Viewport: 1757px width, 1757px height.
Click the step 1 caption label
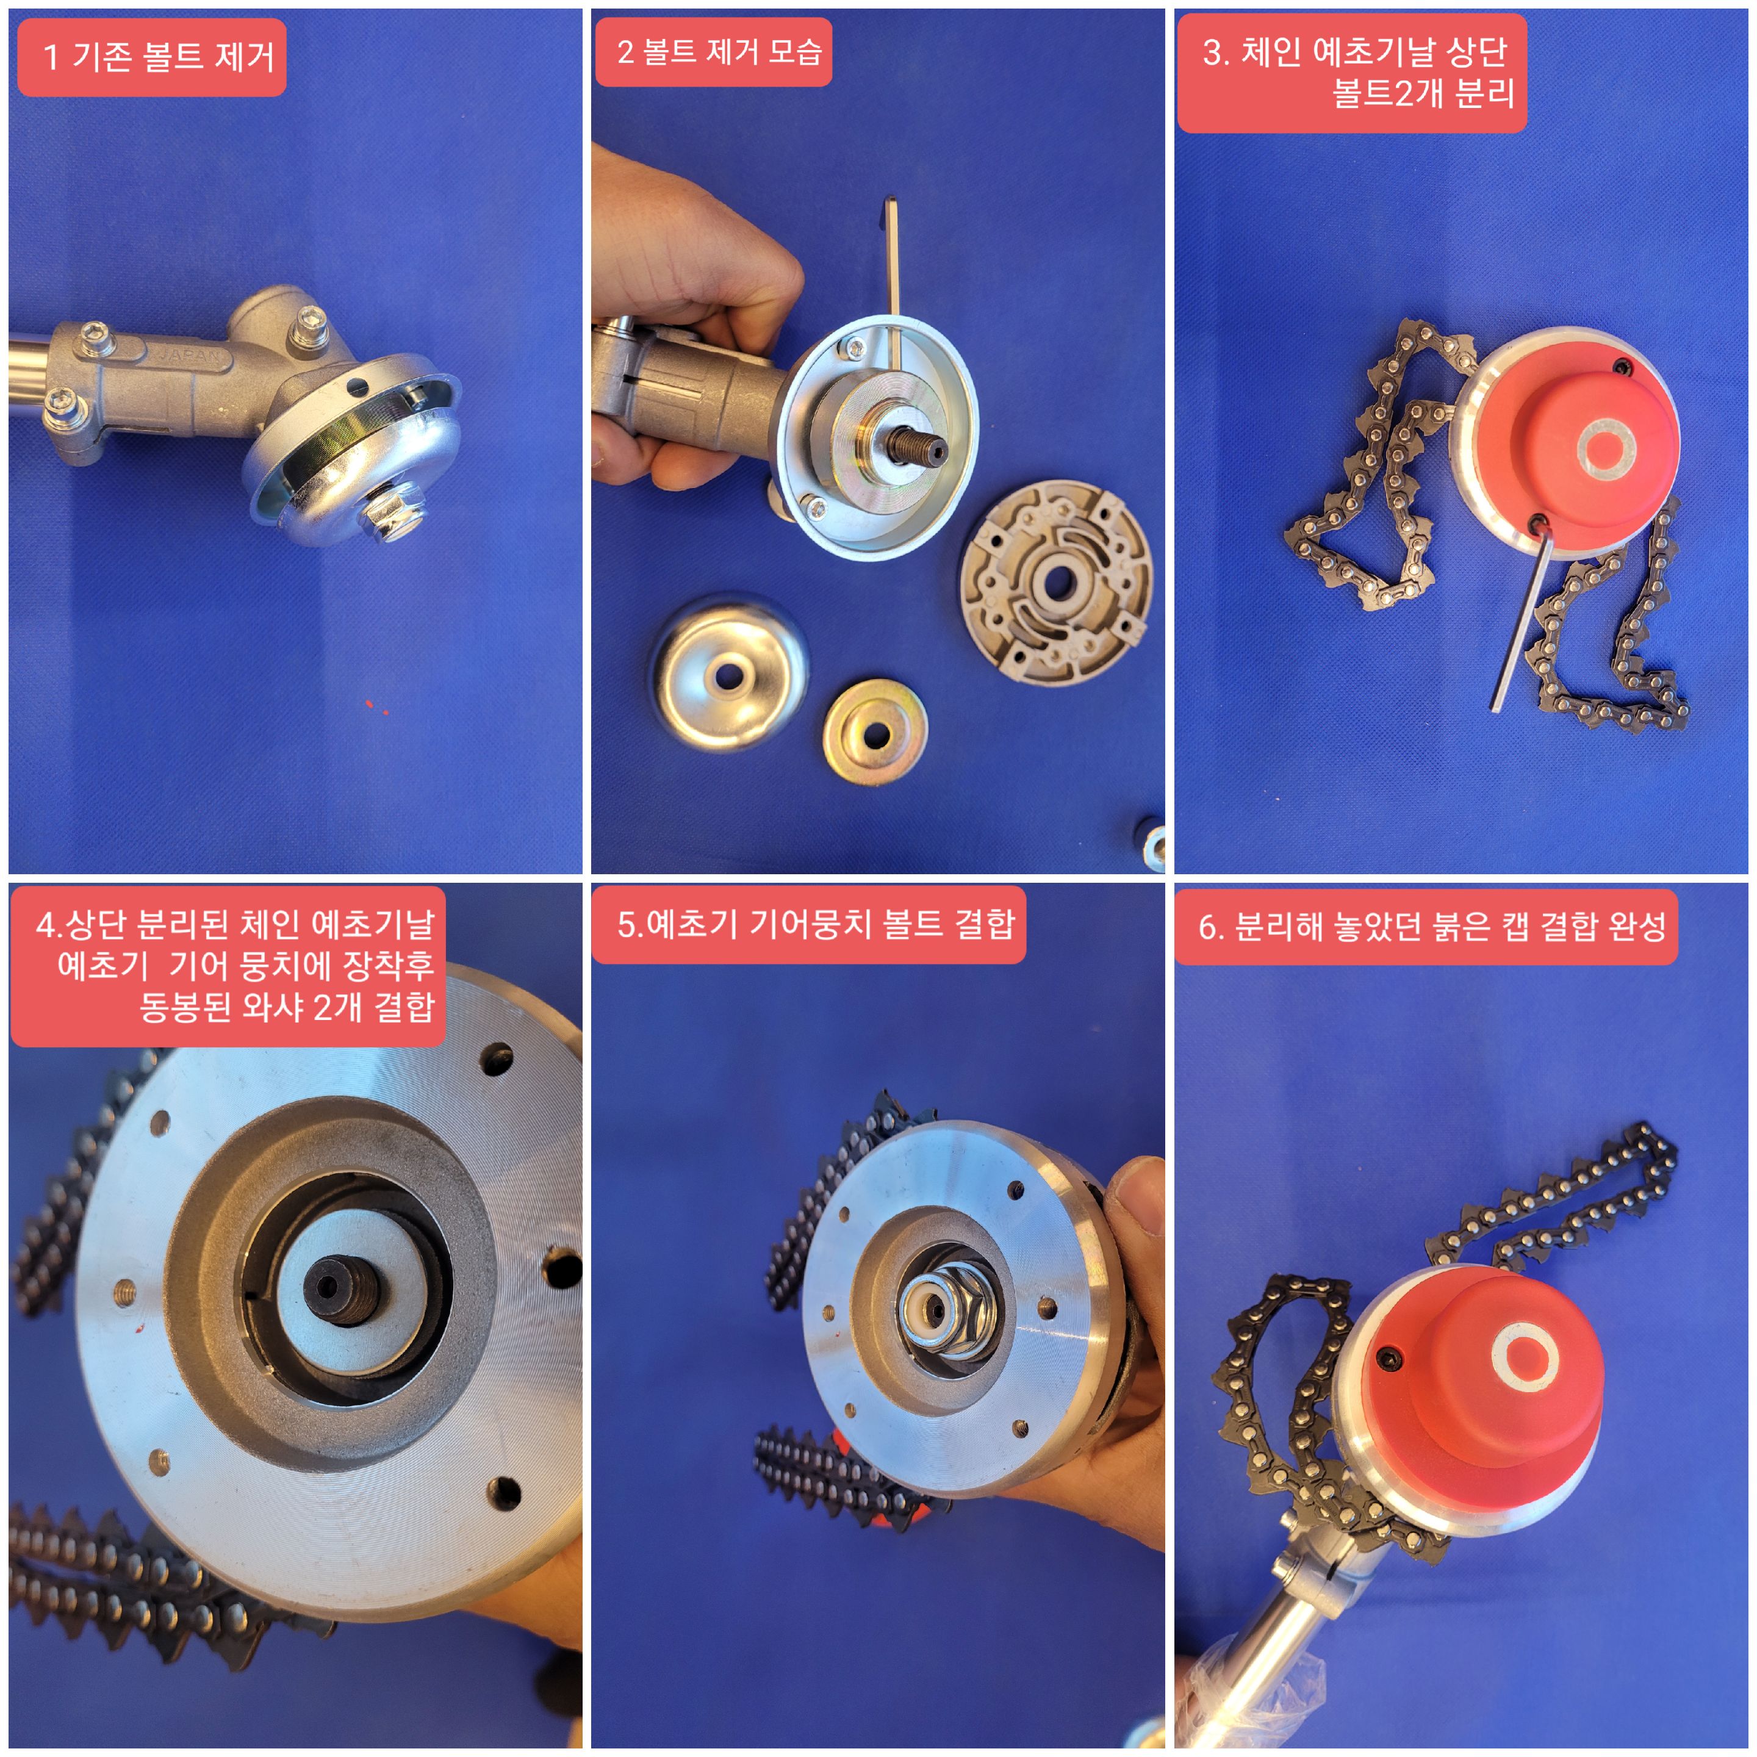point(152,57)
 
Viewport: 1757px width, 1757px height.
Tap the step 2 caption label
point(714,52)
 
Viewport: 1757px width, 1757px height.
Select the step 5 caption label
point(808,925)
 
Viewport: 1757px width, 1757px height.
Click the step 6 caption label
point(1426,927)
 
